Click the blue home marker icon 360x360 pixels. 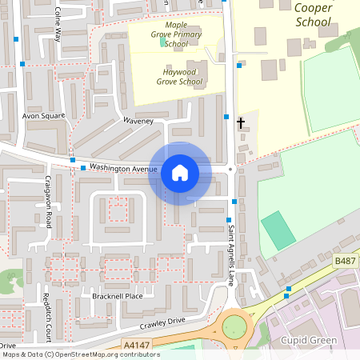[179, 173]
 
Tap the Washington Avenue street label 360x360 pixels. [123, 168]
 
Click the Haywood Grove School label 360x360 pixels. [179, 76]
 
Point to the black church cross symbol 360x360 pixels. [241, 122]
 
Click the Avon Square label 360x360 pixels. [43, 116]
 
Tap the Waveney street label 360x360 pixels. [138, 121]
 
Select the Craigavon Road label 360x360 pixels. [48, 202]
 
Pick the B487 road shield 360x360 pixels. [345, 261]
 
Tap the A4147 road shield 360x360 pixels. [137, 345]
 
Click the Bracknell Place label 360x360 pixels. [117, 296]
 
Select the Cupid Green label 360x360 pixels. [310, 341]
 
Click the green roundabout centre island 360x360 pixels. [234, 326]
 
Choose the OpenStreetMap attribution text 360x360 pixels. [80, 354]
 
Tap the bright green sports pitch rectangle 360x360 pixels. [277, 230]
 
